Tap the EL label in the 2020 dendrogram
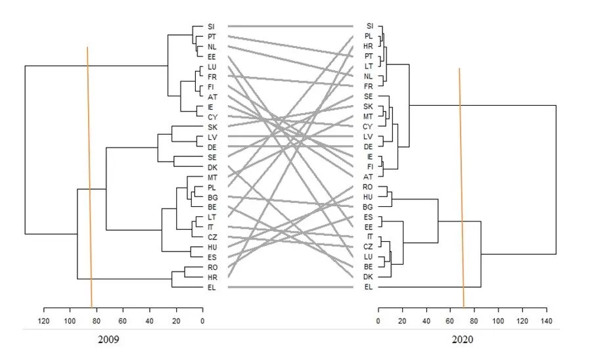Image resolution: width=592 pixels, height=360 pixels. click(369, 287)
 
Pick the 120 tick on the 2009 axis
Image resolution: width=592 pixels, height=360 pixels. click(44, 320)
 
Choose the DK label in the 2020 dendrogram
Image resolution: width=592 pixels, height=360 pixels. click(369, 277)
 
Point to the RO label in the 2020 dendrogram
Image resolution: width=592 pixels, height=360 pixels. click(369, 187)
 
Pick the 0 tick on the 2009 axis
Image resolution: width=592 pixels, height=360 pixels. click(202, 320)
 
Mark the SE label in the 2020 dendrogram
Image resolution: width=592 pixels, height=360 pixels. click(369, 97)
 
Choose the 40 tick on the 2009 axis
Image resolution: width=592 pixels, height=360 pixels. click(149, 320)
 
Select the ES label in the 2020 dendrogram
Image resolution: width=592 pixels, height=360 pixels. click(369, 217)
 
